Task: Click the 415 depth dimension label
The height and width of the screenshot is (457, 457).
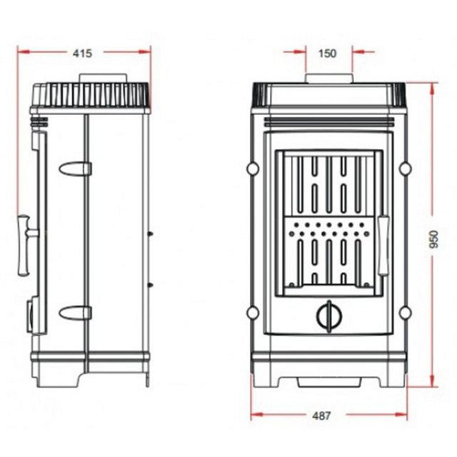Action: pos(82,54)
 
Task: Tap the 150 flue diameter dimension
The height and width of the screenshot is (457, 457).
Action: pos(327,54)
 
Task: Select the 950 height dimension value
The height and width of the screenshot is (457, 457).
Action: pos(434,239)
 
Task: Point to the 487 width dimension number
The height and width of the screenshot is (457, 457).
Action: pos(321,416)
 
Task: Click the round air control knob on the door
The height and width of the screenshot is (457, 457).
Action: pos(329,316)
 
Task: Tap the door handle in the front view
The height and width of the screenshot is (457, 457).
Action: pos(383,246)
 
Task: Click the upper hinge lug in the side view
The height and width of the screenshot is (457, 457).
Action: pos(75,169)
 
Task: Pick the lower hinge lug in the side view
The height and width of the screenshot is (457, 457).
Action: pos(75,313)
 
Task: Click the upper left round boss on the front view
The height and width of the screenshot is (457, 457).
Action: pos(253,169)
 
